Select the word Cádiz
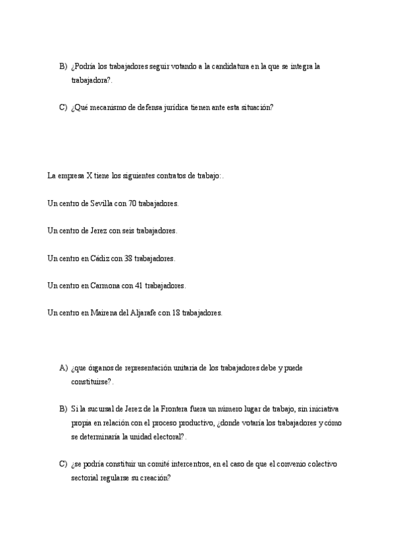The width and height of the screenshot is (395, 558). pyautogui.click(x=99, y=259)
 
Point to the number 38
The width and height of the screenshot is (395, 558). pyautogui.click(x=128, y=259)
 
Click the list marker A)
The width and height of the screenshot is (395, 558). pyautogui.click(x=63, y=367)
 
